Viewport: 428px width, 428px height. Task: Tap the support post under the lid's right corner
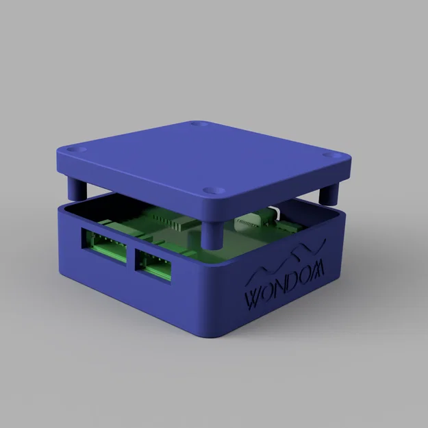(x=330, y=192)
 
